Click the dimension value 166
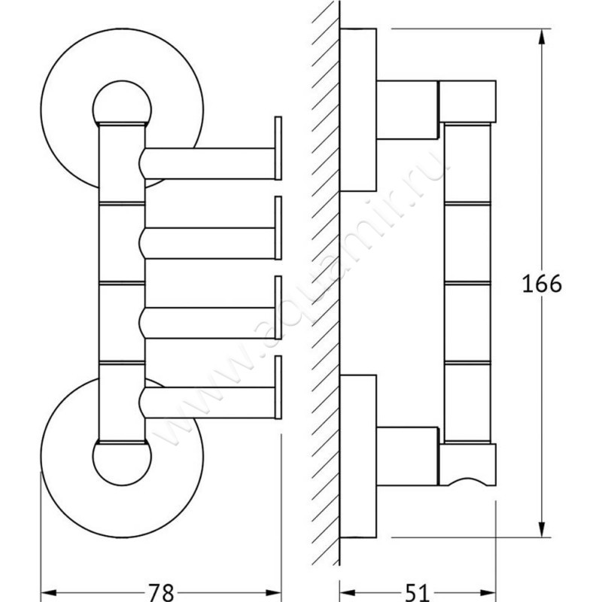coord(542,284)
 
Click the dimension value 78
coord(161,592)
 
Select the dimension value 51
coord(417,593)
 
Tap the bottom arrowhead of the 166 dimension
coord(542,529)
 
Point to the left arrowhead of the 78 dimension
coord(49,593)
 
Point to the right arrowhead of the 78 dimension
coord(272,593)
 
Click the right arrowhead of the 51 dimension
coord(487,593)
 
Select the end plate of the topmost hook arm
coord(278,148)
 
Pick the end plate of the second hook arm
coord(278,228)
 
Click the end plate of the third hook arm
coord(278,308)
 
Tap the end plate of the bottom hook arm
coord(278,388)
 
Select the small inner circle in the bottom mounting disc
coord(122,485)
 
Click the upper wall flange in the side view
coord(358,110)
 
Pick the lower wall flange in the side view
coord(358,456)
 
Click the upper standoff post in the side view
coord(408,110)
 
